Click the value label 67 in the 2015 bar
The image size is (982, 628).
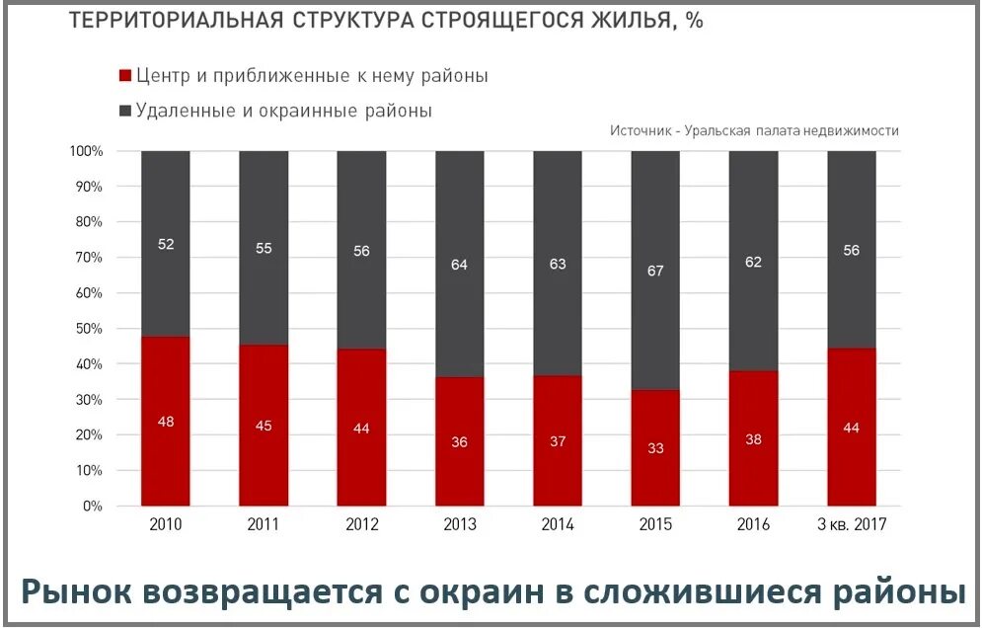(x=655, y=271)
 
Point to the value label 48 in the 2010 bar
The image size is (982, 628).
(x=165, y=422)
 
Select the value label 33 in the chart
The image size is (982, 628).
(x=655, y=447)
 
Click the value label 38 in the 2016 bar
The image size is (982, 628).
(x=753, y=439)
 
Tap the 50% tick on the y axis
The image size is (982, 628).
(x=86, y=329)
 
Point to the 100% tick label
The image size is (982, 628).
(x=84, y=151)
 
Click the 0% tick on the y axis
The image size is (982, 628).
(x=92, y=507)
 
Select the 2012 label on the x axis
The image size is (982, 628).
(x=361, y=525)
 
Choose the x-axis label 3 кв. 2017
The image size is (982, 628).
(x=852, y=525)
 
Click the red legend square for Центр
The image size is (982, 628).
(x=124, y=76)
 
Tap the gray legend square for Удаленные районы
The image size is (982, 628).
(x=124, y=111)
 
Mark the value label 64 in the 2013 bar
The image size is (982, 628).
(x=459, y=264)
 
